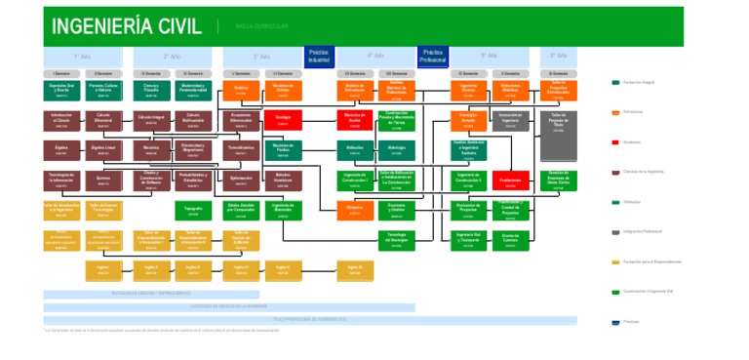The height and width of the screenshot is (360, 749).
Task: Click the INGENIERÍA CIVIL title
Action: click(126, 26)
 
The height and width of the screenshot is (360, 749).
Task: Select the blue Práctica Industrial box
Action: click(320, 56)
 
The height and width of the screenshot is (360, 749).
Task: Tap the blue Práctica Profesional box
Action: click(433, 56)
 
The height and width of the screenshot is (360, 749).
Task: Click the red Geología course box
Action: click(283, 120)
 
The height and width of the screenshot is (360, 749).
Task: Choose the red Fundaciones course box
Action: click(509, 180)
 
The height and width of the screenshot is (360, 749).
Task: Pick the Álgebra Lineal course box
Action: click(102, 150)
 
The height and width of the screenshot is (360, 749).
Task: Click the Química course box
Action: click(102, 180)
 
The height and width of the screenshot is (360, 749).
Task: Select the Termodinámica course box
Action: click(241, 150)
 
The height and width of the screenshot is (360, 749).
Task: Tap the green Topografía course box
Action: click(193, 211)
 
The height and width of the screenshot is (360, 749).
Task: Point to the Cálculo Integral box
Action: click(151, 120)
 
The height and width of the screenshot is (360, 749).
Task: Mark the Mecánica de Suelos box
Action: click(355, 120)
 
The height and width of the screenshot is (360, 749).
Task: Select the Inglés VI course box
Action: click(355, 269)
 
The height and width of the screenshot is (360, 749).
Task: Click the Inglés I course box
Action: click(102, 269)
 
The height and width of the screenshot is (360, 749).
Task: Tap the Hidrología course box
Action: click(396, 150)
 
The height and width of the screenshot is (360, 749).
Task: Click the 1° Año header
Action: click(82, 57)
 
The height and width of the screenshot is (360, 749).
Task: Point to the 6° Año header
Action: click(558, 57)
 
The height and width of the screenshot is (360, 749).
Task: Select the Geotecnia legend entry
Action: click(640, 142)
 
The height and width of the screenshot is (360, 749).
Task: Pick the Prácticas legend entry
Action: click(634, 322)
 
